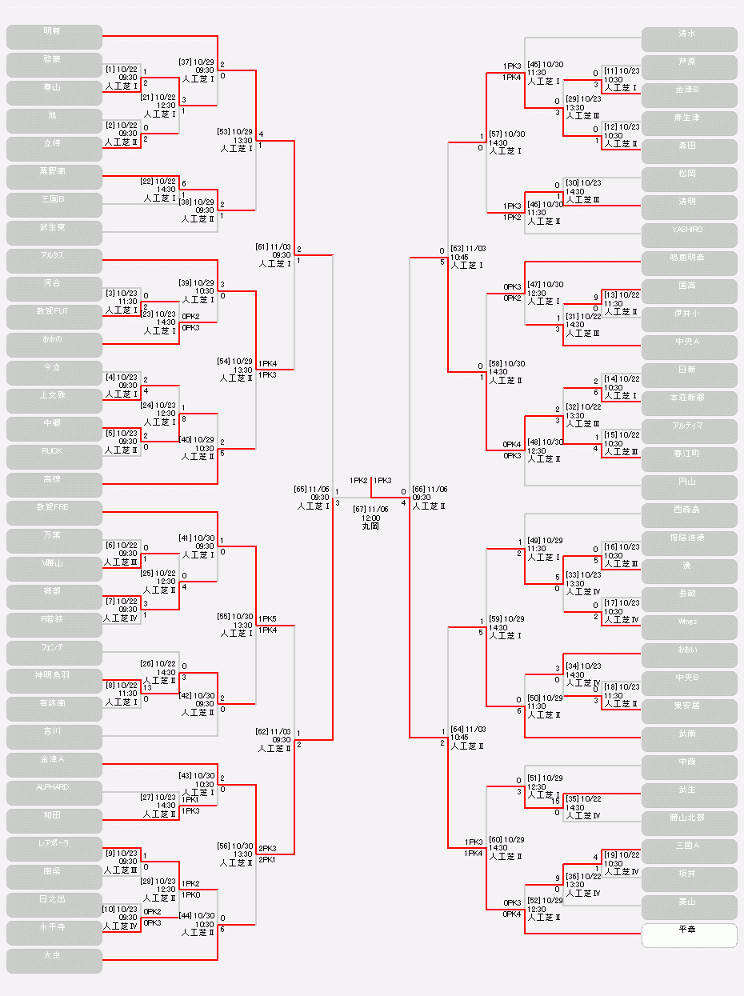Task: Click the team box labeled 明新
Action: click(x=54, y=37)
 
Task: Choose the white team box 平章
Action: click(x=689, y=935)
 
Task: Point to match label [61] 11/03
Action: click(x=274, y=247)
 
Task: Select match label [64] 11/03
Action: click(x=468, y=730)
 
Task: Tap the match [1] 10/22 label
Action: click(x=122, y=70)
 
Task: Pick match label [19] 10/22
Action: click(x=622, y=855)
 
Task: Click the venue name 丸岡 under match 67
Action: click(x=370, y=526)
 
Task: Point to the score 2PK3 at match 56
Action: click(x=267, y=848)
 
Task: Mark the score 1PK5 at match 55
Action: click(x=267, y=619)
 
